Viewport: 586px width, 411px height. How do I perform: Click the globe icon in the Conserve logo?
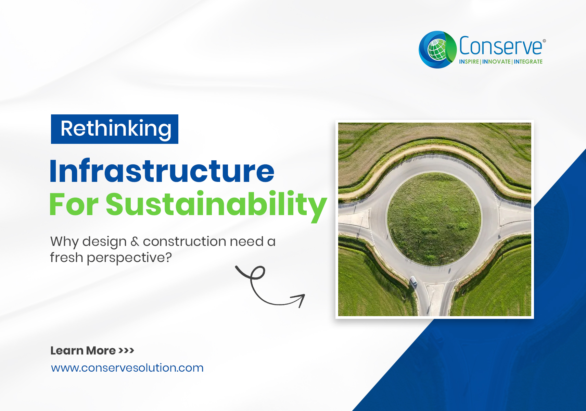pos(437,49)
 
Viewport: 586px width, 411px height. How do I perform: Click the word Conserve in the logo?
pos(500,46)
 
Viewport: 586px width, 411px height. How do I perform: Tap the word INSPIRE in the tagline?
pos(469,62)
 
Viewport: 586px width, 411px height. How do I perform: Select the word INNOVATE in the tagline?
pos(496,62)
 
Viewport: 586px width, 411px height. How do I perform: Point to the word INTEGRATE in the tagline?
pos(528,62)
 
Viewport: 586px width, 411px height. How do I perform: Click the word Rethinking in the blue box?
pos(116,128)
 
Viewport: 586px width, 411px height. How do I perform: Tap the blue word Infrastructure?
pos(162,171)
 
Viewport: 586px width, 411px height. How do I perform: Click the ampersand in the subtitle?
pos(135,241)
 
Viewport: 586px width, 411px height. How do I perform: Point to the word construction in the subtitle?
pos(184,241)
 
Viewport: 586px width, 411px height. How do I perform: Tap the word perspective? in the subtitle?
pos(129,258)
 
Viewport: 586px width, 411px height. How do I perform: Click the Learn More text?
pos(83,350)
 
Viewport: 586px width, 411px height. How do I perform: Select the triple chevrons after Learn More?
pos(126,350)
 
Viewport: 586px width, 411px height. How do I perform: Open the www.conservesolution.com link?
pos(127,368)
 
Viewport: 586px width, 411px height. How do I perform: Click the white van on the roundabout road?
pos(413,281)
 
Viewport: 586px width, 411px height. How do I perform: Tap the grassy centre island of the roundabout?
pos(434,220)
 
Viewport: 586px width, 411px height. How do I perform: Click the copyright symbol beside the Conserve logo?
pos(544,41)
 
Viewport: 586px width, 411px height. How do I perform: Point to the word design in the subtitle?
pos(104,242)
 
